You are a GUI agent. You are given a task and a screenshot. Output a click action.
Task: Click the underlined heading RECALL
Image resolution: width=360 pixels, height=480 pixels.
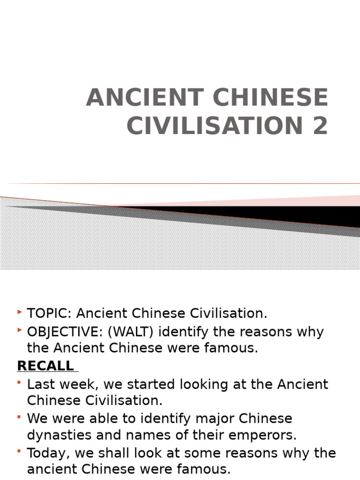pyautogui.click(x=45, y=366)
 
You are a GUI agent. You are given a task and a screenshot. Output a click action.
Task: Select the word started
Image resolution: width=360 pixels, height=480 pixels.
pyautogui.click(x=156, y=384)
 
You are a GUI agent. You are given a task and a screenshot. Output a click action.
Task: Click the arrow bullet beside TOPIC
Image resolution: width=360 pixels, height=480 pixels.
pyautogui.click(x=19, y=312)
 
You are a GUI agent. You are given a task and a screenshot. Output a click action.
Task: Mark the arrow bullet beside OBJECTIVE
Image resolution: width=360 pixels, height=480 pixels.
pyautogui.click(x=19, y=331)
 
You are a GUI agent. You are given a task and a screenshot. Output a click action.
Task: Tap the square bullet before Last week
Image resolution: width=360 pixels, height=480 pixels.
pyautogui.click(x=19, y=383)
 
